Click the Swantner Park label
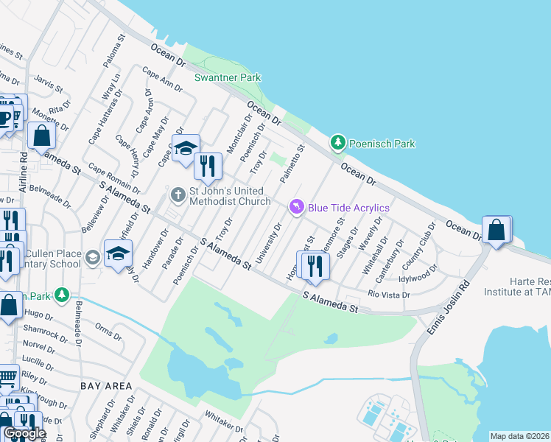pyautogui.click(x=227, y=77)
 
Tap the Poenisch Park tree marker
pyautogui.click(x=338, y=143)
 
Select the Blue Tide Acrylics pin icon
pyautogui.click(x=297, y=207)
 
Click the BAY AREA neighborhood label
pyautogui.click(x=108, y=386)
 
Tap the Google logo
pyautogui.click(x=24, y=434)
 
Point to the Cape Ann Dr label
pyautogui.click(x=162, y=80)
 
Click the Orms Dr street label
pyautogui.click(x=108, y=331)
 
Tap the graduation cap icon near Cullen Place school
pyautogui.click(x=118, y=255)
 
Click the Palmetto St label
pyautogui.click(x=292, y=164)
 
